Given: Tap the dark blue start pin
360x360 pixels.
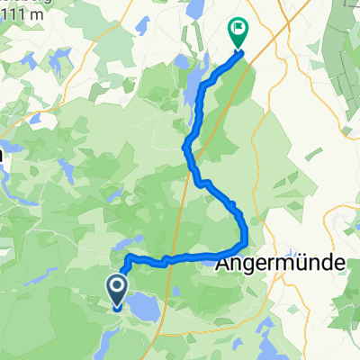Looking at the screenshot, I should click(x=117, y=291).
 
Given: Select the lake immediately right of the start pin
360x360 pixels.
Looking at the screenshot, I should click(x=141, y=308).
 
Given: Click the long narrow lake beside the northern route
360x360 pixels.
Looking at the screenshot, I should click(x=191, y=90).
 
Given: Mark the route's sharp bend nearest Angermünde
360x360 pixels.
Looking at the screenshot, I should click(x=244, y=245).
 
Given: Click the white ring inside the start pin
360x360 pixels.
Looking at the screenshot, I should click(x=117, y=286).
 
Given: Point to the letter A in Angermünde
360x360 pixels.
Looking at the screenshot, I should click(x=224, y=264).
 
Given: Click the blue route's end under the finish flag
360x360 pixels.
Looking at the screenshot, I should click(x=238, y=51).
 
